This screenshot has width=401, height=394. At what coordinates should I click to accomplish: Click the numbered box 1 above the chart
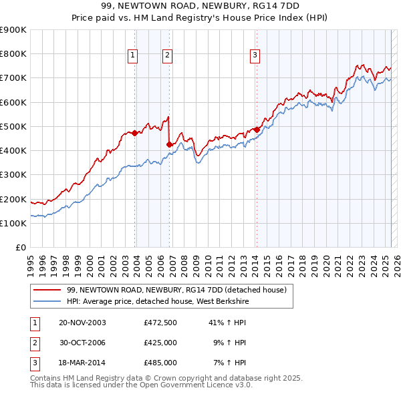pyautogui.click(x=132, y=55)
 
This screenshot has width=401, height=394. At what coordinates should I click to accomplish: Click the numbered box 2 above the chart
pyautogui.click(x=167, y=55)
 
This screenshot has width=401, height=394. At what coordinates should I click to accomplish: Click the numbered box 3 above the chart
pyautogui.click(x=255, y=55)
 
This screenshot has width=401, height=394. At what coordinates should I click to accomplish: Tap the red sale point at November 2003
pyautogui.click(x=135, y=133)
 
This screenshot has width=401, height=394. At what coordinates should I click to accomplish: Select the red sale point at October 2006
pyautogui.click(x=170, y=144)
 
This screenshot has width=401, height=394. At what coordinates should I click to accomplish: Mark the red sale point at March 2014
pyautogui.click(x=257, y=130)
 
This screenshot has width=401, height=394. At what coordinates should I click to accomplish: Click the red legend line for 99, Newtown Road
pyautogui.click(x=46, y=290)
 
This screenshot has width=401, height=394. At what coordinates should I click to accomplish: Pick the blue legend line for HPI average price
pyautogui.click(x=46, y=302)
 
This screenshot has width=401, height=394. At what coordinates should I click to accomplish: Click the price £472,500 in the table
pyautogui.click(x=160, y=323)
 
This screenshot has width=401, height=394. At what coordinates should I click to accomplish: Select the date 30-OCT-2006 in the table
pyautogui.click(x=82, y=343)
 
